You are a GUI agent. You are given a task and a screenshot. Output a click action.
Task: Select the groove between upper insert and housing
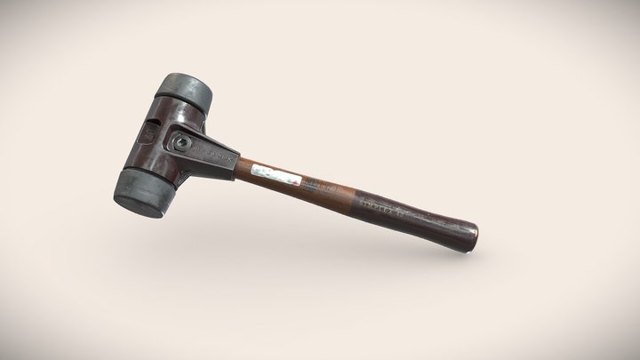click(x=182, y=100)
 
